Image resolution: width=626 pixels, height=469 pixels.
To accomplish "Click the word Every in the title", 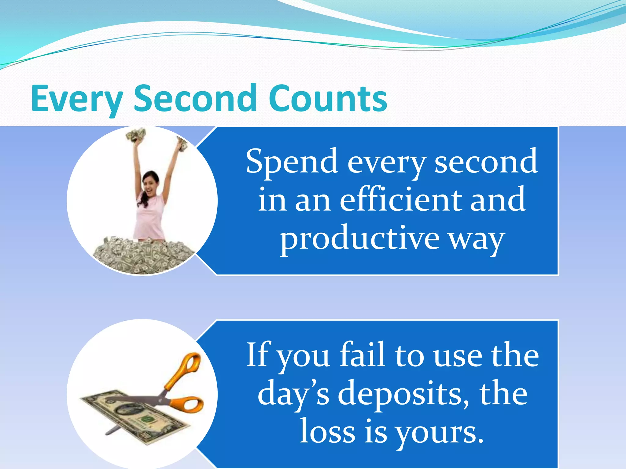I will coord(76,99).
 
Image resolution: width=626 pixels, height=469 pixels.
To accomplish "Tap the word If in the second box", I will coord(257,355).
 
